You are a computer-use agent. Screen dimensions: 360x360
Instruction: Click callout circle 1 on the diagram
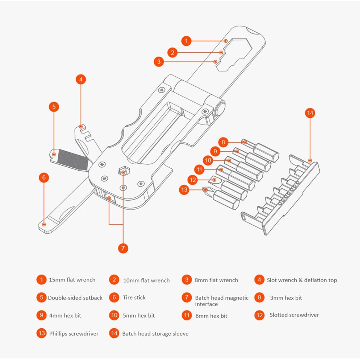[186, 41]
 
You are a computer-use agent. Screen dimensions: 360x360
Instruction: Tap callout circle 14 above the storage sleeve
[310, 113]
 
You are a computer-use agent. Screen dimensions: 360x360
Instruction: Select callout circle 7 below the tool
[123, 248]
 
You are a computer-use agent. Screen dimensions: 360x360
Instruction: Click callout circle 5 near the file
[54, 107]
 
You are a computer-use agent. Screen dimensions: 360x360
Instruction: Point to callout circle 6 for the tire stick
[44, 177]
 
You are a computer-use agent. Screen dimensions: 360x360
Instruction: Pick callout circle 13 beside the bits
[185, 190]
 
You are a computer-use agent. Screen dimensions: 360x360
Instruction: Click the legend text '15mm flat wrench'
[72, 280]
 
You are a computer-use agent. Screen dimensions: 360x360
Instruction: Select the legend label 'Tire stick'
[134, 297]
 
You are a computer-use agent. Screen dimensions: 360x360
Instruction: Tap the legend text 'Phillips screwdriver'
[74, 333]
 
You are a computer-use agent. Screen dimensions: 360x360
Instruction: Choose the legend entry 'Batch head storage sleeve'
[155, 334]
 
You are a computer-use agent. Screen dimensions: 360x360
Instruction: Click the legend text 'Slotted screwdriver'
[294, 315]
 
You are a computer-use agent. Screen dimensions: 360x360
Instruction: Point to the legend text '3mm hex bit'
[286, 298]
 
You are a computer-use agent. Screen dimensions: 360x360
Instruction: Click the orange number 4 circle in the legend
[259, 280]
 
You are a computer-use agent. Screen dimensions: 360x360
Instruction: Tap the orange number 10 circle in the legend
[114, 315]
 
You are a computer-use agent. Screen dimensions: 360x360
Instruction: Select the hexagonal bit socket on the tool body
[123, 171]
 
